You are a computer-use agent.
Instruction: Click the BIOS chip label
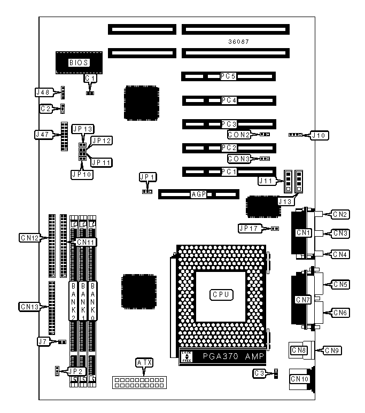[79, 63]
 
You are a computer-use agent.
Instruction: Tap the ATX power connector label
[144, 363]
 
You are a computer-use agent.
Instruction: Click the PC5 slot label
[228, 76]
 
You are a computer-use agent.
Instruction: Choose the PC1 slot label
[228, 172]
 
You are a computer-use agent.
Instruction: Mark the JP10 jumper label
[82, 174]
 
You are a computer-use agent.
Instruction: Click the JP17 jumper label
[249, 228]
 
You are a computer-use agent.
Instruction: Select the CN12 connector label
[30, 237]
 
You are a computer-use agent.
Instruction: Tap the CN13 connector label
[30, 307]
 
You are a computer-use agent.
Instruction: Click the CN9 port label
[333, 350]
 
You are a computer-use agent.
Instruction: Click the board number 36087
[238, 41]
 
